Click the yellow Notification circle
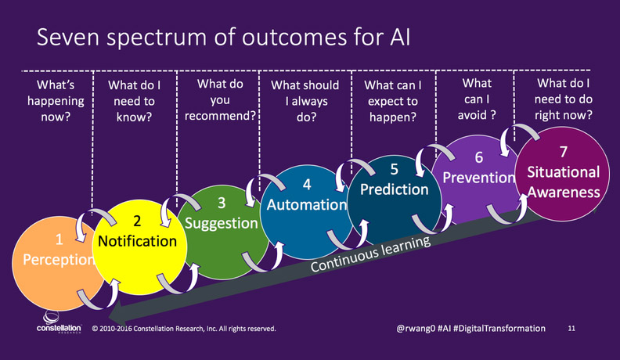tap(139, 247)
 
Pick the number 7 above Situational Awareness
tap(564, 152)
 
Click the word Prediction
tap(395, 189)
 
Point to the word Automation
tap(307, 205)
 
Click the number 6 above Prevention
tap(479, 157)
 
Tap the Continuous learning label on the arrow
tap(370, 254)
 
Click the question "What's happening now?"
tap(56, 101)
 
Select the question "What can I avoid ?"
tap(477, 99)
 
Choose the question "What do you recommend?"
tap(220, 99)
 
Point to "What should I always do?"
tap(305, 101)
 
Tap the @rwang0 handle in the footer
tap(416, 329)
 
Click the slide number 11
tap(571, 328)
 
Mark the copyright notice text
tap(184, 329)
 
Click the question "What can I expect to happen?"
tap(393, 101)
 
